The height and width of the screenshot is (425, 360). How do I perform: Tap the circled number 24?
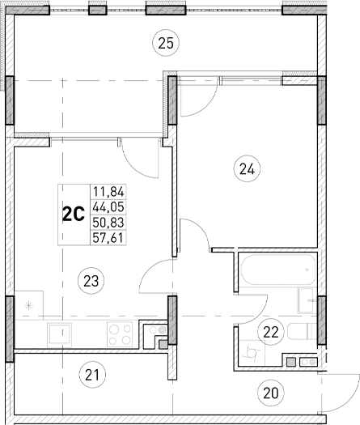pos(246,169)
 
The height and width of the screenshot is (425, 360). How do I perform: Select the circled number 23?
pos(91,281)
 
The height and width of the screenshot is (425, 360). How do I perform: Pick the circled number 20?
pos(270,393)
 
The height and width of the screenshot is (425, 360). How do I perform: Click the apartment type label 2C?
pos(74,215)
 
